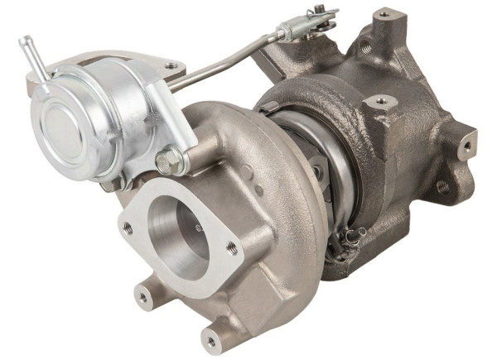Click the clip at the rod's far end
[x=319, y=17]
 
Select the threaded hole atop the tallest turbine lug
[x=384, y=15]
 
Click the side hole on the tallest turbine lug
[x=365, y=48]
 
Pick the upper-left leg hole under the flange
[x=143, y=291]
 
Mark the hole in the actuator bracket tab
[x=171, y=65]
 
